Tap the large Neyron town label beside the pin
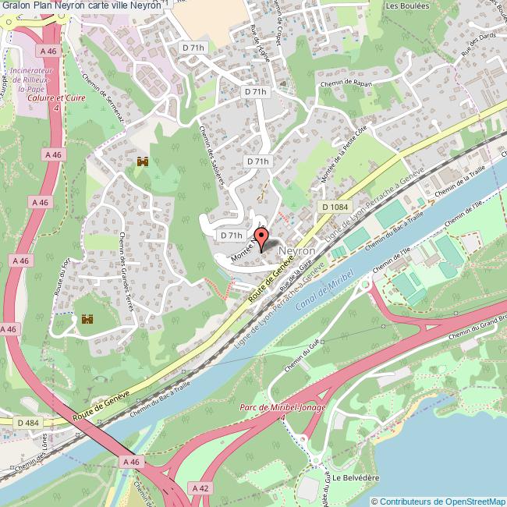[297, 251]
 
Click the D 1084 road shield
[334, 207]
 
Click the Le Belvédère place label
[356, 477]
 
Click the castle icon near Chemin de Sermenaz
[142, 162]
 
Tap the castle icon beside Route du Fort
[87, 319]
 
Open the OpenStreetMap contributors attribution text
[439, 501]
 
